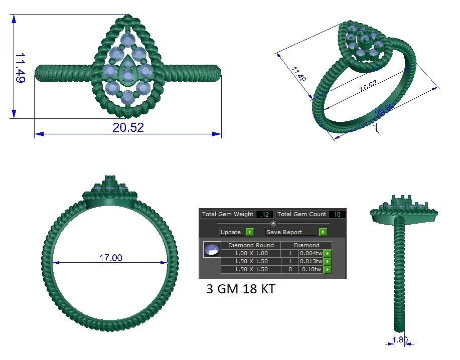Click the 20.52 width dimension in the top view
coord(128,127)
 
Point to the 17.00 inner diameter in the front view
coord(110,258)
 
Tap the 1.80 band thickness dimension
coord(400,340)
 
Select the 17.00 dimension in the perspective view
coord(367,85)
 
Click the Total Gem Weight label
coord(228,214)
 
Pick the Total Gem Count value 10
coord(337,214)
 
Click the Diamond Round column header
coord(251,245)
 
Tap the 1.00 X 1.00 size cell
coord(251,253)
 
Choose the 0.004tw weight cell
coord(311,253)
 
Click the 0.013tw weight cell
coord(311,261)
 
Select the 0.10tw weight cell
coord(311,269)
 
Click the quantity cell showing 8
coord(289,269)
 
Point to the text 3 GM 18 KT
coord(240,289)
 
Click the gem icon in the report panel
coord(212,249)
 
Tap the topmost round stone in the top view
coord(128,40)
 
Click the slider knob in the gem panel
coord(273,223)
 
